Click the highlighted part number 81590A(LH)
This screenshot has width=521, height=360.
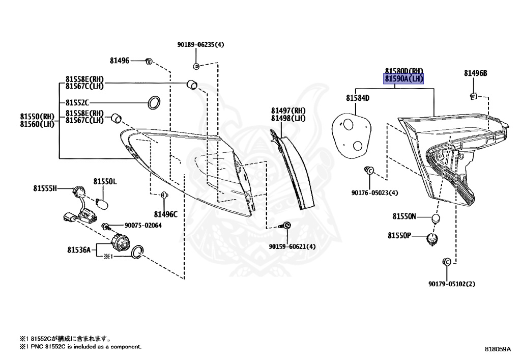pos(403,79)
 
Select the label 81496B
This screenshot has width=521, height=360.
pos(475,73)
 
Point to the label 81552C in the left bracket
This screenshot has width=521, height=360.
pos(77,102)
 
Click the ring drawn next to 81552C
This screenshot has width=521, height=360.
pos(153,102)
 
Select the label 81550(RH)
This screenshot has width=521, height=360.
pos(37,116)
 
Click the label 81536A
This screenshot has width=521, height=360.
pos(78,250)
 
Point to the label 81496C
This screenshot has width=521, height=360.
pos(165,214)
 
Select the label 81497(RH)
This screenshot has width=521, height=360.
pos(288,110)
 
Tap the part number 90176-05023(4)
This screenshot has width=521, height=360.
pos(374,192)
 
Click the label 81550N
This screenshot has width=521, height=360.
pos(404,216)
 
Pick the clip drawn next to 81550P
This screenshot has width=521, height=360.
pos(433,238)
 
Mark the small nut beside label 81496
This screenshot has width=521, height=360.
pos(149,61)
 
